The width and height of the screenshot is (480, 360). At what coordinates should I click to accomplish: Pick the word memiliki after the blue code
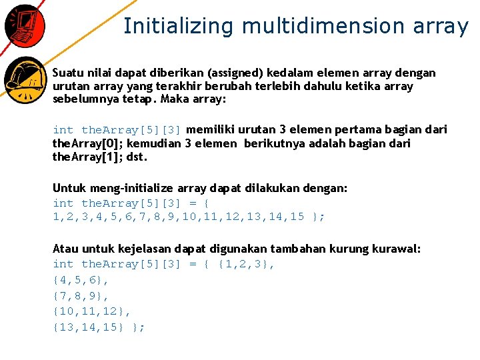pos(213,129)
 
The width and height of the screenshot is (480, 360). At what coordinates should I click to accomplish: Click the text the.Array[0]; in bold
pos(88,143)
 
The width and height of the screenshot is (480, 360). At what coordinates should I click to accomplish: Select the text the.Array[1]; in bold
pos(88,157)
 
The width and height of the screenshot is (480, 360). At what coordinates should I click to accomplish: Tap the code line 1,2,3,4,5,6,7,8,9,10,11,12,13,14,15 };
pos(189,217)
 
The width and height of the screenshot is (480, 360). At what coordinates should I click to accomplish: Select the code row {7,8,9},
pos(81,295)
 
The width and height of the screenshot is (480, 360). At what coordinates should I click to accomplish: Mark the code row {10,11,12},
pos(92,311)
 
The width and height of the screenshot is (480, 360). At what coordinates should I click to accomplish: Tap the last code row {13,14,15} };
pos(99,327)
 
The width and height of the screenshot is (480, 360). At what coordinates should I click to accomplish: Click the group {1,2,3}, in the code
pos(246,264)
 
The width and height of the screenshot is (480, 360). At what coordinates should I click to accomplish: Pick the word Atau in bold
pos(65,249)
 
